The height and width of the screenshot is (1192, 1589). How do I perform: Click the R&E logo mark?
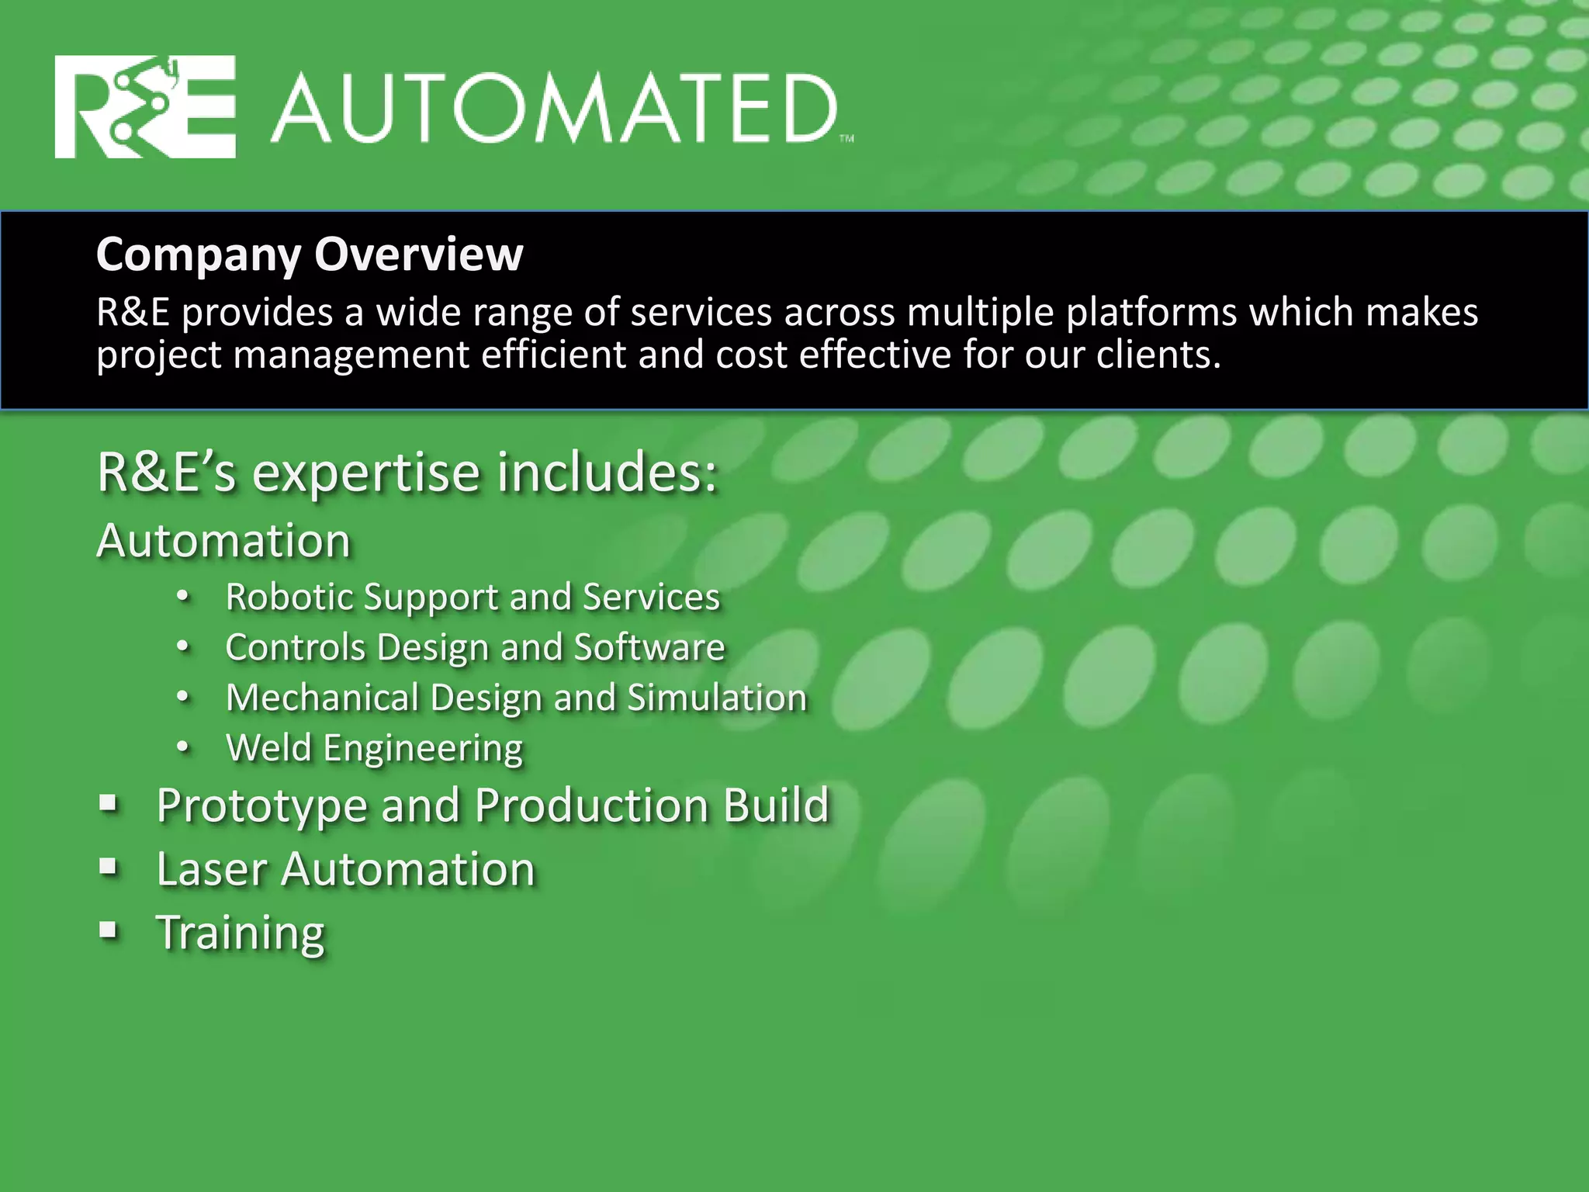(x=145, y=107)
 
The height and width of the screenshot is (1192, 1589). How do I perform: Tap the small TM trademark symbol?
(x=846, y=139)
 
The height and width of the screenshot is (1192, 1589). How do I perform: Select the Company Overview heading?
(x=310, y=254)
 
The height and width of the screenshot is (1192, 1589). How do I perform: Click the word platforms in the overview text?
(x=1150, y=313)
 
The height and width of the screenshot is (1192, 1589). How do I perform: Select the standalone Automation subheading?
(x=223, y=540)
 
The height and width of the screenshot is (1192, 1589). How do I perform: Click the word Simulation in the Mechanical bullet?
(x=717, y=697)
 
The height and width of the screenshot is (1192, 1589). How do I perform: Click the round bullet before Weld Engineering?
(x=182, y=747)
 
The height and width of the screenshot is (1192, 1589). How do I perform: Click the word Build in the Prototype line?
(x=777, y=805)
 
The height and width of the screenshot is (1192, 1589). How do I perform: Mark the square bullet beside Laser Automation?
(x=109, y=867)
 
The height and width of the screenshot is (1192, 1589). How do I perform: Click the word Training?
(x=241, y=932)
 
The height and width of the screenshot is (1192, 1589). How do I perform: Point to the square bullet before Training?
(x=109, y=930)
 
